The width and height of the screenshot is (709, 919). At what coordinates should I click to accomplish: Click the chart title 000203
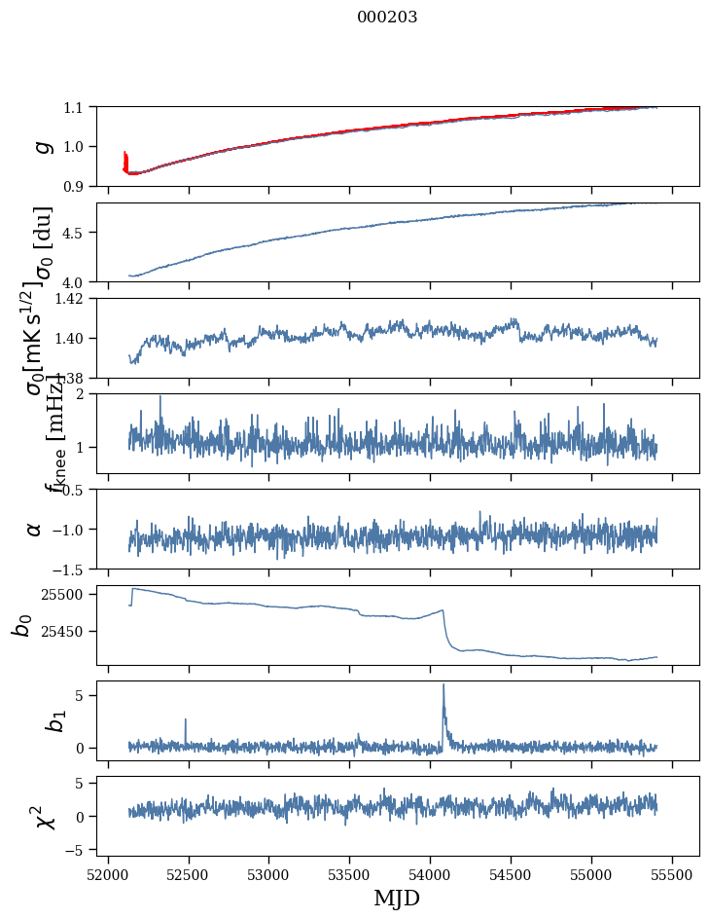click(387, 18)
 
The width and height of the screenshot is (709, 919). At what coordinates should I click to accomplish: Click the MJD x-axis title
click(397, 898)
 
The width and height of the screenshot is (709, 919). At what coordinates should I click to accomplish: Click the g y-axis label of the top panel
click(42, 146)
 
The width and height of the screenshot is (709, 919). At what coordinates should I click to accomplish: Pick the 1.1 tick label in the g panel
click(76, 107)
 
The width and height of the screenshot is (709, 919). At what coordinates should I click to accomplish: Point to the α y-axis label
click(35, 529)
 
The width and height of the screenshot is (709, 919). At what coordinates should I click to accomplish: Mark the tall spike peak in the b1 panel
click(443, 684)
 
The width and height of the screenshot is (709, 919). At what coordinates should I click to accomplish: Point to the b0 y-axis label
click(21, 625)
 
